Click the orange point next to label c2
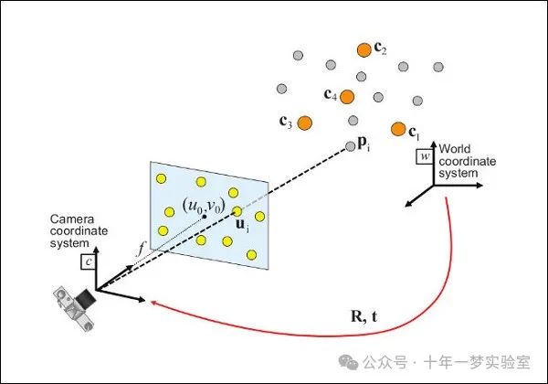point(364,48)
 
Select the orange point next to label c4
point(347,95)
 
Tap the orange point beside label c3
point(305,122)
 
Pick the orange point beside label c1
point(397,128)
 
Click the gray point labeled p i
point(350,145)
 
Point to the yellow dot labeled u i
point(237,211)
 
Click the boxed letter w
point(424,156)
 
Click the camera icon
point(75,304)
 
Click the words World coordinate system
point(467,160)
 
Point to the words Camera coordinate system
point(79,230)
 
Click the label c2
point(381,50)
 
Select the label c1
point(414,132)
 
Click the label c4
point(331,95)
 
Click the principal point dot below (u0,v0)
point(205,218)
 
